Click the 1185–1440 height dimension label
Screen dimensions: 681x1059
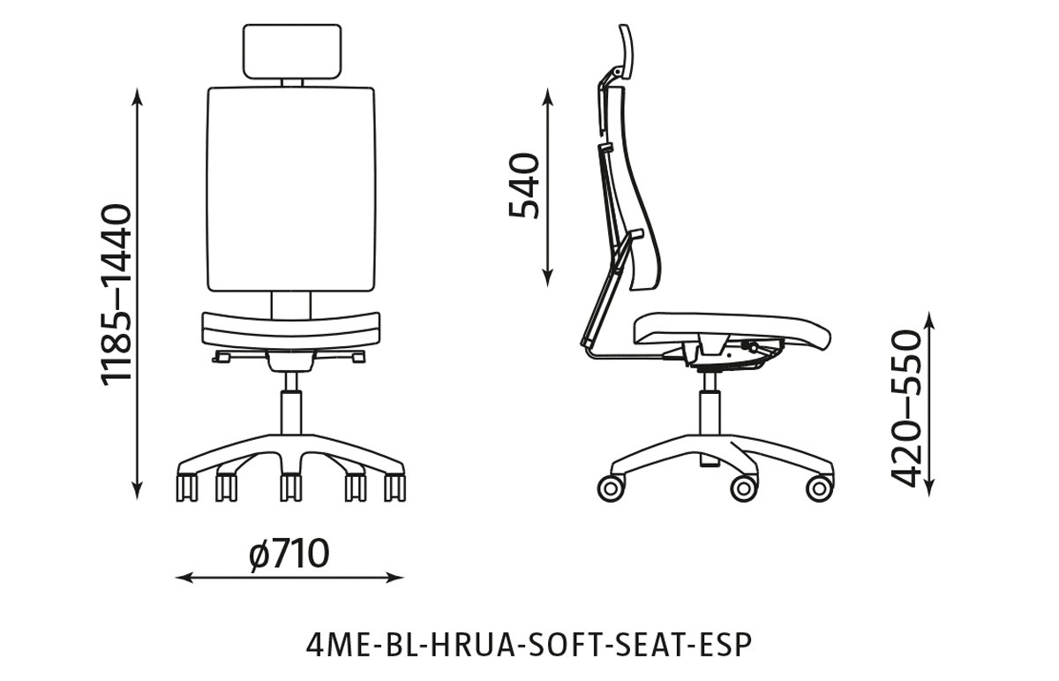(x=116, y=293)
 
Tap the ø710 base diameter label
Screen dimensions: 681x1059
(x=289, y=554)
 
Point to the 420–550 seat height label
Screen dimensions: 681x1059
(x=906, y=407)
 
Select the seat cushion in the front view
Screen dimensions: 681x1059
(x=291, y=328)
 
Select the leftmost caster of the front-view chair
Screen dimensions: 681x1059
(x=187, y=487)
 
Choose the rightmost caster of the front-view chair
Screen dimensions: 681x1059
(x=394, y=487)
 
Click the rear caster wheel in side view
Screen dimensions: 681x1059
(x=610, y=488)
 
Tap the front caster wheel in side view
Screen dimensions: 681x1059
(x=819, y=488)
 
